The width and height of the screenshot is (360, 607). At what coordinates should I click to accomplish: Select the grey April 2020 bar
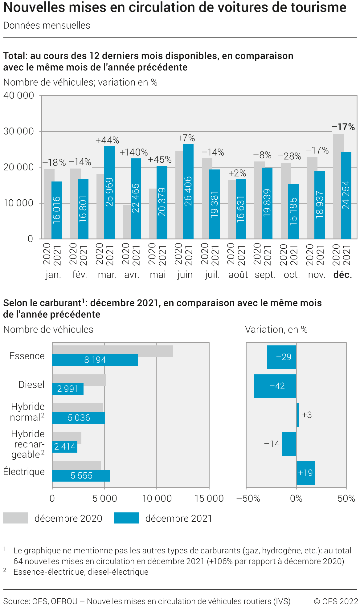pos(126,222)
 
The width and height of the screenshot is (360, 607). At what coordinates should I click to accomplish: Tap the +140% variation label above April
pos(133,152)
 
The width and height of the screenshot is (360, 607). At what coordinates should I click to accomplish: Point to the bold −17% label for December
pos(343,127)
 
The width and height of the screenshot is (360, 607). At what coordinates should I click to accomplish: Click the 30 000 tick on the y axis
pos(18,131)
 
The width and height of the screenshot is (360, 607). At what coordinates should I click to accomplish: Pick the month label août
pos(238,275)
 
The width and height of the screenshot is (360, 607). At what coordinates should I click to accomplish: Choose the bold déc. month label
pos(342,275)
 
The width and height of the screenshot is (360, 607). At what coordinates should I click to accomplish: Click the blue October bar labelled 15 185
pos(293,211)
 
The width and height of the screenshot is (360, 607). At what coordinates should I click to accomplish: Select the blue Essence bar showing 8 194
pos(95,360)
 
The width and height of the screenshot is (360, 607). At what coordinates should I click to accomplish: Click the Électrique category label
pos(24,472)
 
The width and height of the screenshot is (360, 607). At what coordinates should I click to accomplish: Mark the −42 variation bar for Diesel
pos(275,386)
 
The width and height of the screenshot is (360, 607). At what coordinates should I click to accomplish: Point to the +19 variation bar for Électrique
pos(305,473)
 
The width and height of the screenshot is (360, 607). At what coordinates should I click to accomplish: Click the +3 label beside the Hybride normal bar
pos(307,415)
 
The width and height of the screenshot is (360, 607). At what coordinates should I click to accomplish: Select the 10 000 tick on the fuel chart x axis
pos(157,498)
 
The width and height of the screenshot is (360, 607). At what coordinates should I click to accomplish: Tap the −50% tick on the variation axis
pos(248,498)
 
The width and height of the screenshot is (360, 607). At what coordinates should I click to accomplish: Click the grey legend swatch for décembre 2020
pos(15,518)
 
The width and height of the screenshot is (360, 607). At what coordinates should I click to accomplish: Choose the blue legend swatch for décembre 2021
pos(126,518)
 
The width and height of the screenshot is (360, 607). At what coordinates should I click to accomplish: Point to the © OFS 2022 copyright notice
pos(336,601)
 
